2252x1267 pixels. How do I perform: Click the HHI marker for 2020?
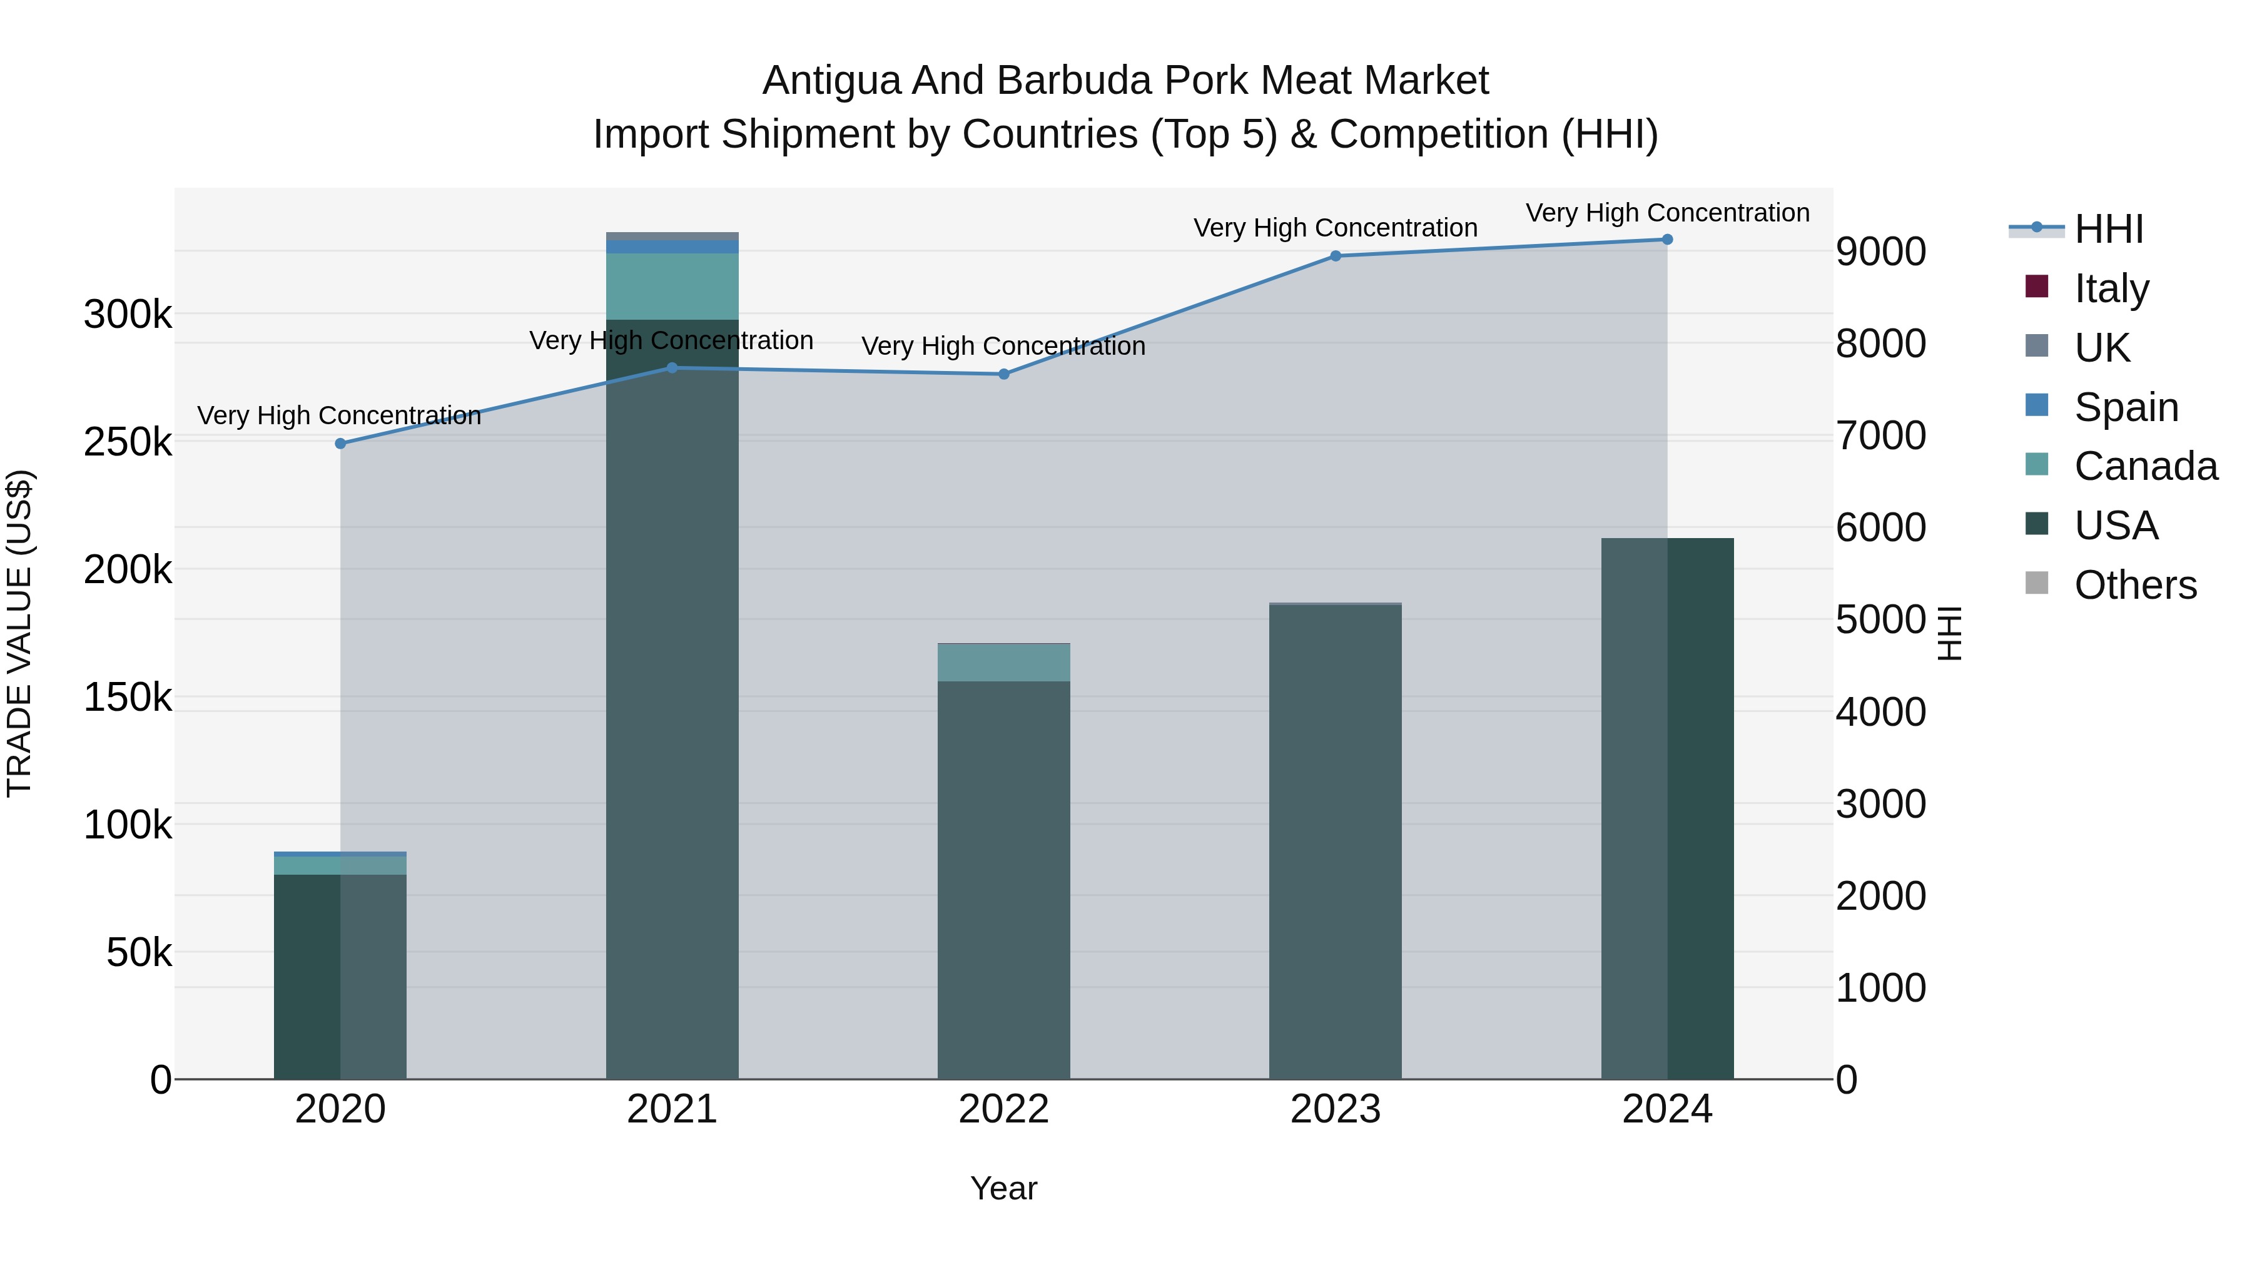[341, 444]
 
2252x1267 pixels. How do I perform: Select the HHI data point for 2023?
[1335, 256]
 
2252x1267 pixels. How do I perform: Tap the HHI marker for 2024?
[1666, 240]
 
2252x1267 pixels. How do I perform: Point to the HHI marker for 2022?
[1003, 374]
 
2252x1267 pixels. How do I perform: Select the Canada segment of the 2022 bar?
[1003, 663]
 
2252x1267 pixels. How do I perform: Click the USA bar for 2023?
[1335, 840]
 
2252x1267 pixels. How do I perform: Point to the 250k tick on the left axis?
[128, 442]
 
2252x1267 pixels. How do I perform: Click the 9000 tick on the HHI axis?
[1880, 252]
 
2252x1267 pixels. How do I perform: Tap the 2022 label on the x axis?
[1003, 1109]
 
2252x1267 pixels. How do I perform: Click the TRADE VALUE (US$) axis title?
[19, 633]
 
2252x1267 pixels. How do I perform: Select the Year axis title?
[1003, 1188]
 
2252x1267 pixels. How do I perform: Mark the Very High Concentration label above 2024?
[1666, 213]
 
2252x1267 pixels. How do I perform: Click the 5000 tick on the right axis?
[1880, 620]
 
